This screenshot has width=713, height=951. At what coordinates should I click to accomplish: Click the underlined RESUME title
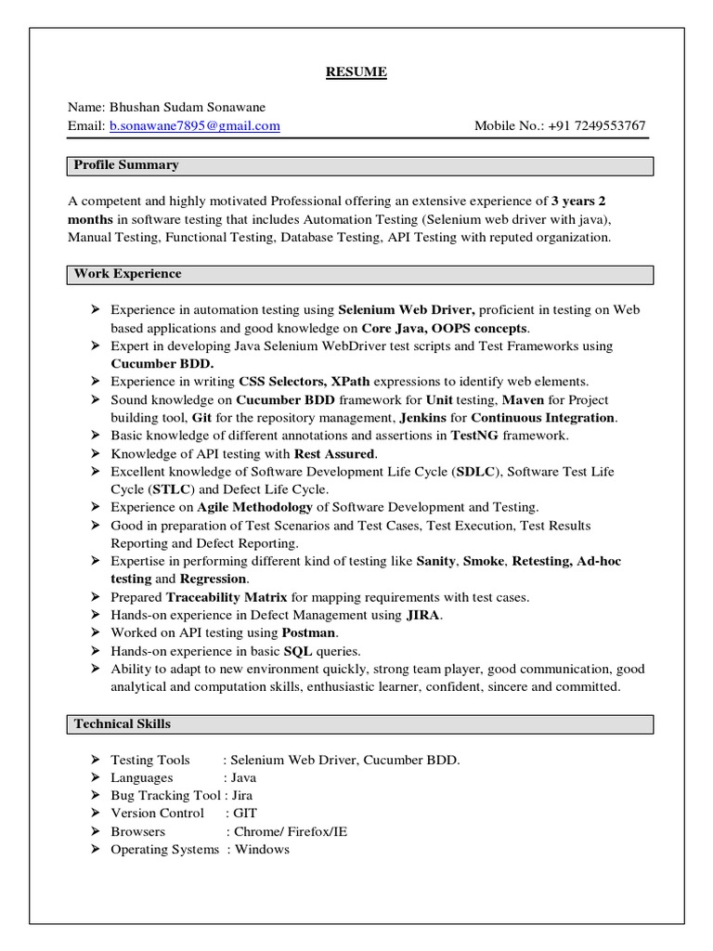[x=356, y=72]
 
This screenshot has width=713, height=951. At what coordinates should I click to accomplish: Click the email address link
[x=194, y=125]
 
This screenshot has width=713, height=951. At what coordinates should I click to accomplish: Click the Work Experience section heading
[x=128, y=274]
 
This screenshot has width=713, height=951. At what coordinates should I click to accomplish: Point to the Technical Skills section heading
[x=123, y=723]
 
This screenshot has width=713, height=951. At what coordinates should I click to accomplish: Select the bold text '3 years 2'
[x=579, y=201]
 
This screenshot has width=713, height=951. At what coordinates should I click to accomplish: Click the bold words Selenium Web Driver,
[x=407, y=310]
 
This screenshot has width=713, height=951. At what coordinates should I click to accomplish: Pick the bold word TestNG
[x=476, y=436]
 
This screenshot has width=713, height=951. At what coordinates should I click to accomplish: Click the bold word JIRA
[x=423, y=616]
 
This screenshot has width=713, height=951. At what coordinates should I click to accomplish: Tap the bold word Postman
[x=309, y=633]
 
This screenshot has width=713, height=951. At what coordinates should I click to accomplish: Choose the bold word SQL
[x=299, y=651]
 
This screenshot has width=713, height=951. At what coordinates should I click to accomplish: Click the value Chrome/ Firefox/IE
[x=291, y=832]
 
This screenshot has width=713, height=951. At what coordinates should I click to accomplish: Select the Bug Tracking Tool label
[x=165, y=796]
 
